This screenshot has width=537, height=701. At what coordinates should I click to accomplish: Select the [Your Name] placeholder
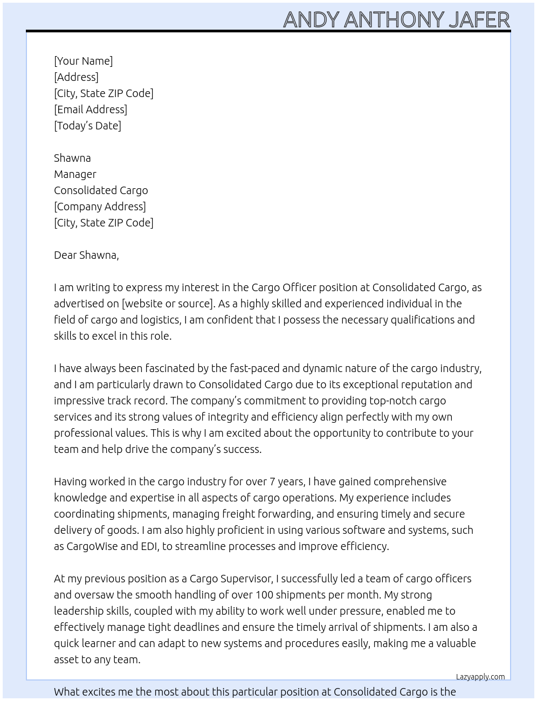pos(83,61)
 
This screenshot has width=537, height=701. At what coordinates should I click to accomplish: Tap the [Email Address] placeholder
pos(91,109)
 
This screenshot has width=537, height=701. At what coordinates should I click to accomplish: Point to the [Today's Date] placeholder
pos(87,126)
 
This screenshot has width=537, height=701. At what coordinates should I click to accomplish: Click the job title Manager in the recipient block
pos(75,174)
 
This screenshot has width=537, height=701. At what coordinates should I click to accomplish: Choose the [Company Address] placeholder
pos(100,207)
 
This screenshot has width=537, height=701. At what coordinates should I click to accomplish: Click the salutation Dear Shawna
pos(86,255)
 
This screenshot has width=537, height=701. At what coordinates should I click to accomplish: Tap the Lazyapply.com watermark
pos(480,677)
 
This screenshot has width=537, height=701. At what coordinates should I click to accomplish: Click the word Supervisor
pos(245,579)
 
